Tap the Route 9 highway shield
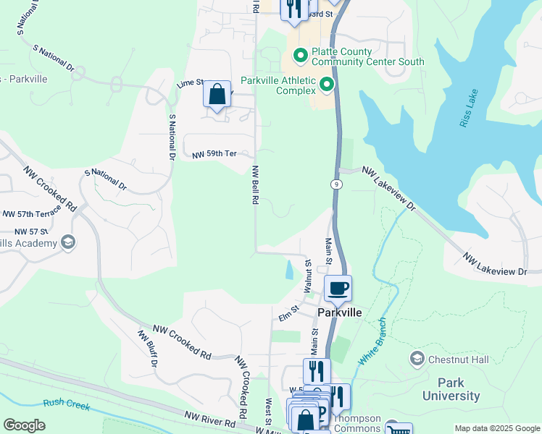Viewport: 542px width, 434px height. [x=337, y=184]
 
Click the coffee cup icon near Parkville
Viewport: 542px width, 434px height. [x=337, y=289]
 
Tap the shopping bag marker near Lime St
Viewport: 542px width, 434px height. [x=217, y=95]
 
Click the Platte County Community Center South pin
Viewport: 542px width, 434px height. [x=299, y=56]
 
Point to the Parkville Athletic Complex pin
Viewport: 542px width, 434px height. [x=327, y=85]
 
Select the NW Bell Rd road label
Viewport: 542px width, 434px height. [x=255, y=187]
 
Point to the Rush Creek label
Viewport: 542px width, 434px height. [x=66, y=405]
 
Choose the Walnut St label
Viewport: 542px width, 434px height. [x=308, y=276]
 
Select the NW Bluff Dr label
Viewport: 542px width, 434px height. [x=146, y=348]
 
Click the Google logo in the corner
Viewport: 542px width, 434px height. [x=24, y=425]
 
